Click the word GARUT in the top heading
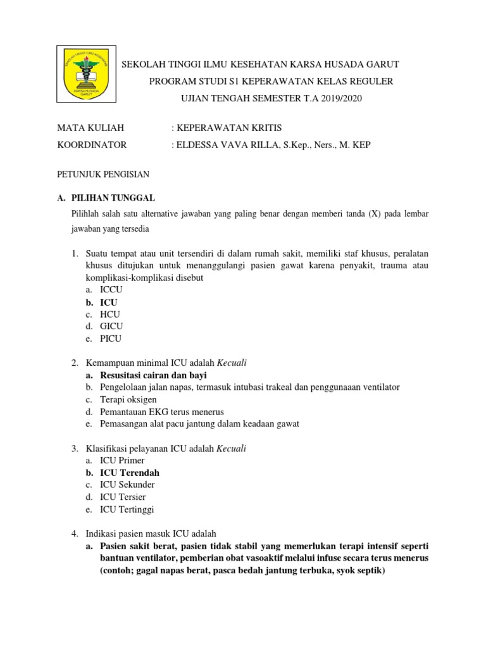(x=378, y=65)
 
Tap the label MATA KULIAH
(x=86, y=128)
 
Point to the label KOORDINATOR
(x=92, y=145)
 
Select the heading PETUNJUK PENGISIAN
(x=103, y=173)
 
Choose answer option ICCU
(x=111, y=290)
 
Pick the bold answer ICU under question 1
(x=108, y=302)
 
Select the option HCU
(x=109, y=315)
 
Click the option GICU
(x=111, y=327)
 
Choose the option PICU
(x=111, y=339)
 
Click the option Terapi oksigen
(x=128, y=399)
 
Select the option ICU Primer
(x=122, y=460)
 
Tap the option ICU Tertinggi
(x=127, y=509)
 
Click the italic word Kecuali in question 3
(x=232, y=448)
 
